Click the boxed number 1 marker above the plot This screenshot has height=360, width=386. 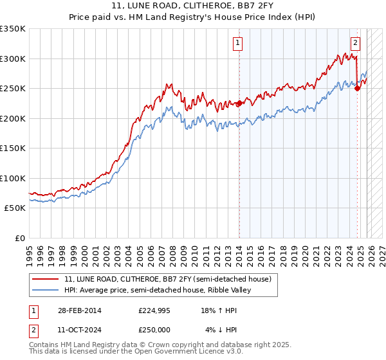pyautogui.click(x=238, y=43)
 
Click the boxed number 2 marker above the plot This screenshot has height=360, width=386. pyautogui.click(x=355, y=43)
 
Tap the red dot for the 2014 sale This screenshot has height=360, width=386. pyautogui.click(x=239, y=103)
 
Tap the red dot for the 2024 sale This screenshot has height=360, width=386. pyautogui.click(x=358, y=88)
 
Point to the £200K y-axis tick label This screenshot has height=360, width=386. pyautogui.click(x=13, y=118)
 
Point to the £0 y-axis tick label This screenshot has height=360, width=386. pyautogui.click(x=19, y=238)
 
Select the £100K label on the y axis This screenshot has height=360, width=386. pyautogui.click(x=13, y=178)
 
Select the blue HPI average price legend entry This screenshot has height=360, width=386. pyautogui.click(x=158, y=290)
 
